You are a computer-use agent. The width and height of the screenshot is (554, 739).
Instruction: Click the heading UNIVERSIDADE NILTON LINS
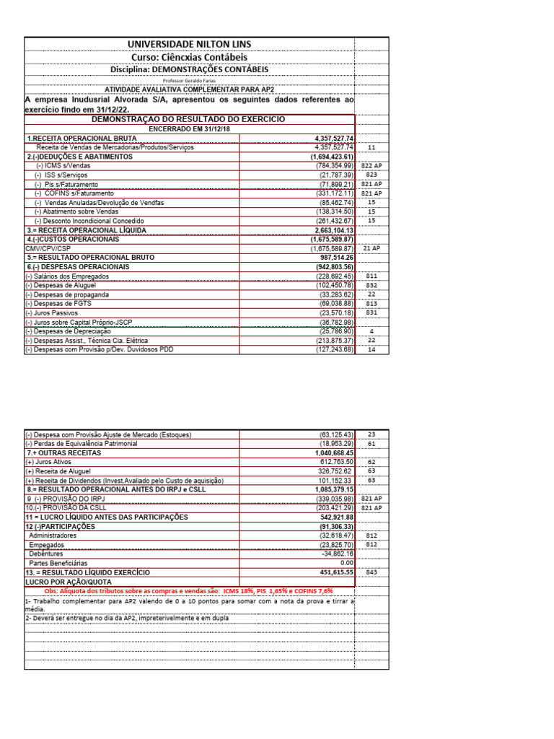[189, 45]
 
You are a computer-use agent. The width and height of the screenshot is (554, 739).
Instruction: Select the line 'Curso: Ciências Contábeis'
[189, 57]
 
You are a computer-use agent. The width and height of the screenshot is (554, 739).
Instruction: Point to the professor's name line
[189, 81]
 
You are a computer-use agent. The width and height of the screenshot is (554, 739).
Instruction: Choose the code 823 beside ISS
[371, 175]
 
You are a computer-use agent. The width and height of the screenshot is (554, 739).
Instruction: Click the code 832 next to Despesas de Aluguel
[371, 285]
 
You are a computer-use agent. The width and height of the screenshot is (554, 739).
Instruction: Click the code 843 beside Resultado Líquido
[371, 572]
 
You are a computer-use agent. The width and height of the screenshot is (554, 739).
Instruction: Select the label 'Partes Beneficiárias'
[58, 562]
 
